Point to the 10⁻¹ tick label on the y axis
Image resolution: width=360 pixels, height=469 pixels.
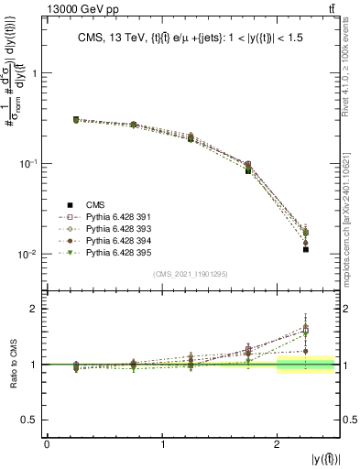[x=30, y=164]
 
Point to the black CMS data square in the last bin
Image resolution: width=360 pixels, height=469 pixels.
[x=306, y=249]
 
